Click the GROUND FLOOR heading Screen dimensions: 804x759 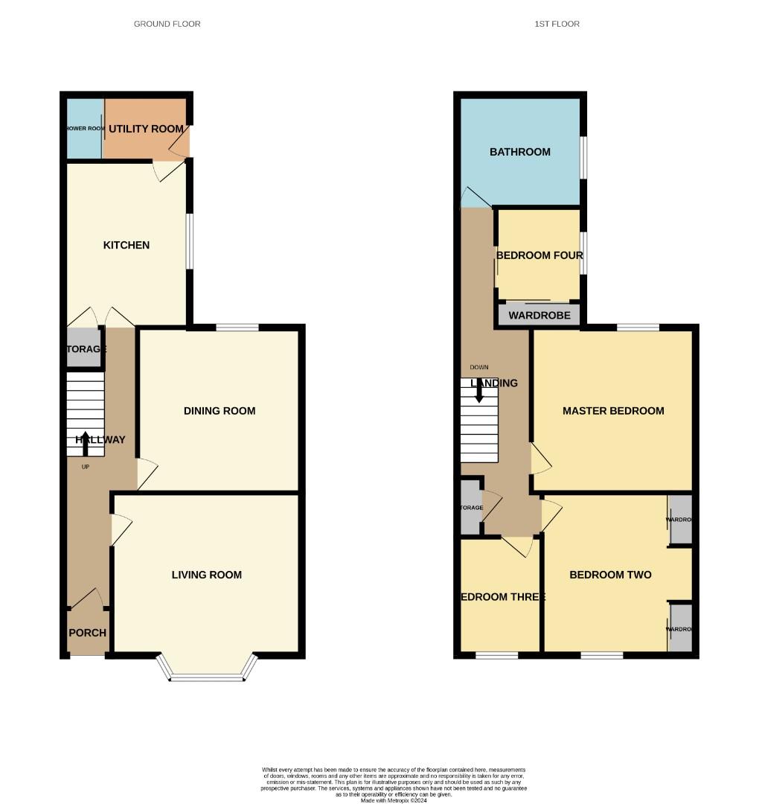pyautogui.click(x=167, y=24)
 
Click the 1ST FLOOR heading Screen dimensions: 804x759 pyautogui.click(x=557, y=24)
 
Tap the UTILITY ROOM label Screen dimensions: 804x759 pyautogui.click(x=146, y=129)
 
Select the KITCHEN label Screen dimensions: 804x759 pyautogui.click(x=126, y=245)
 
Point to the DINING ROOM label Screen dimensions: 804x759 pyautogui.click(x=220, y=410)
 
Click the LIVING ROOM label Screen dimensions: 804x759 pyautogui.click(x=207, y=574)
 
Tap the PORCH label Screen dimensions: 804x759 pyautogui.click(x=88, y=633)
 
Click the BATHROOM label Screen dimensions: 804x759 pyautogui.click(x=520, y=152)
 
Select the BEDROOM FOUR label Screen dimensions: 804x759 pyautogui.click(x=539, y=255)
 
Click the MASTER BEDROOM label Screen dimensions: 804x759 pyautogui.click(x=613, y=410)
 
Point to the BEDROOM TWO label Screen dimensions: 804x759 pyautogui.click(x=610, y=574)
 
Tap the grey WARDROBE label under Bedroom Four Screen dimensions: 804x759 pyautogui.click(x=539, y=316)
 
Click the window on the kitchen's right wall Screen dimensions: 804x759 pyautogui.click(x=190, y=241)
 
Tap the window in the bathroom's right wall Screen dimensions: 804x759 pyautogui.click(x=583, y=157)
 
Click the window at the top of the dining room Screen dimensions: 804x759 pyautogui.click(x=237, y=327)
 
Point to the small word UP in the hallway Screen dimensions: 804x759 pyautogui.click(x=85, y=467)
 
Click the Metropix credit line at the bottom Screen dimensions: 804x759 pyautogui.click(x=394, y=800)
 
